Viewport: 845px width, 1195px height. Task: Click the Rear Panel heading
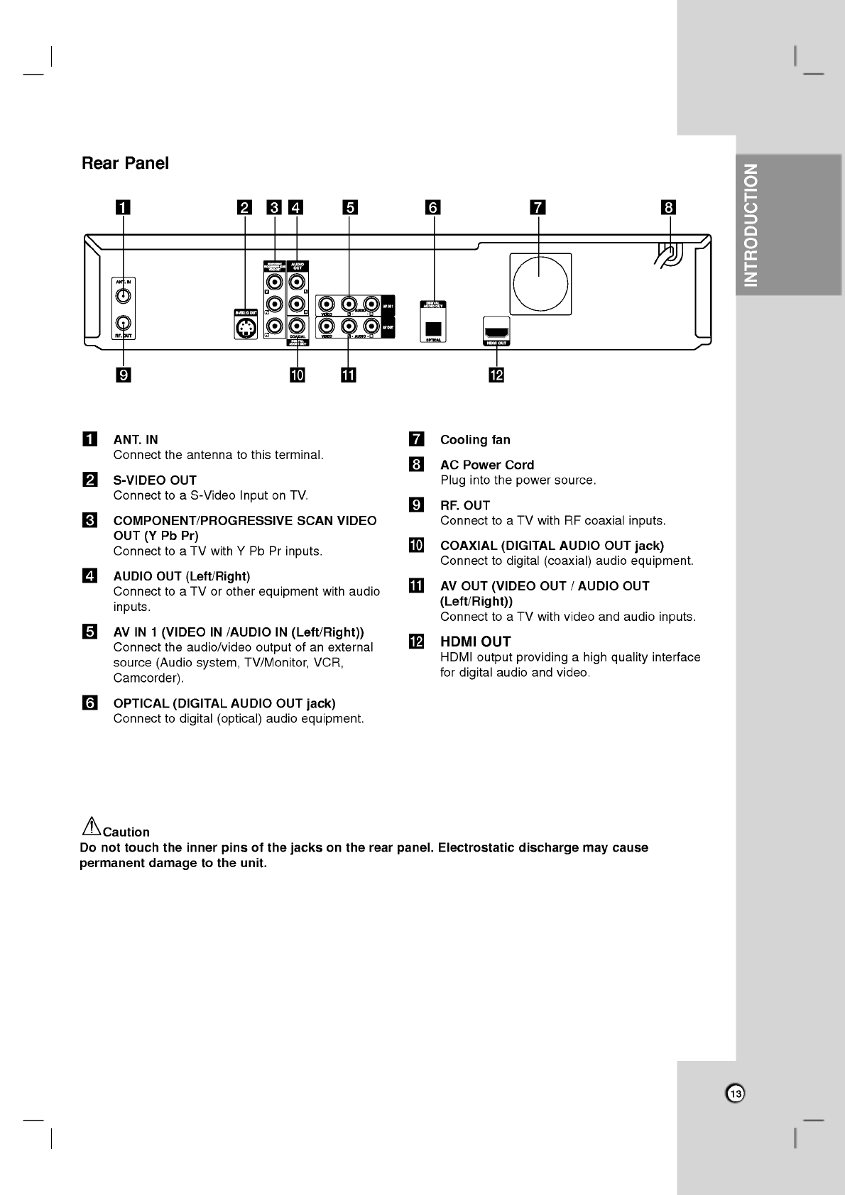click(125, 163)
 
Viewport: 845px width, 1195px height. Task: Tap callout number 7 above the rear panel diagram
click(538, 207)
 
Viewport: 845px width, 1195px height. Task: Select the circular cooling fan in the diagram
click(540, 284)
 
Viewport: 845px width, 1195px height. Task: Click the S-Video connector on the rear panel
click(246, 329)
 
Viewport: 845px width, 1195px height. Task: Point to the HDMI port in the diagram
click(496, 331)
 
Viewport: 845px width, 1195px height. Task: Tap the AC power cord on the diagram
click(668, 256)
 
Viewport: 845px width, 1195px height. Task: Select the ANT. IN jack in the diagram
click(124, 297)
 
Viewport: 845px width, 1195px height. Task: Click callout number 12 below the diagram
click(496, 375)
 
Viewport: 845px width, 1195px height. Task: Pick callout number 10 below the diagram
click(297, 375)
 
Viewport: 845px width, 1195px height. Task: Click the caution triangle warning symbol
click(91, 826)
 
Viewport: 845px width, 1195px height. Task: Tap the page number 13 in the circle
click(736, 1094)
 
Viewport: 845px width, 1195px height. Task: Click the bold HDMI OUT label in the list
click(475, 641)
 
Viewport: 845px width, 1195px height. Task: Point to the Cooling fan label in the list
click(475, 440)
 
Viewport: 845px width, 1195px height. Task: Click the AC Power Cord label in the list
click(487, 465)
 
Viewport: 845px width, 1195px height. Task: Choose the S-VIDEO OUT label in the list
click(155, 480)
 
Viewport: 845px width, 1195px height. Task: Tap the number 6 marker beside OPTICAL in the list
click(90, 703)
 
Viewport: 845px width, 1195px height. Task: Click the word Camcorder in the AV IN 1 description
click(147, 678)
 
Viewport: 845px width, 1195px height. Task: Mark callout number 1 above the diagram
click(124, 207)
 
